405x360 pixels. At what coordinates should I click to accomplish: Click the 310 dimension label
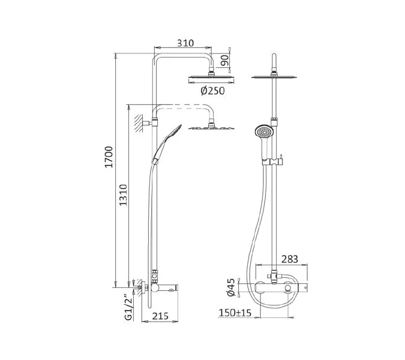[x=185, y=43]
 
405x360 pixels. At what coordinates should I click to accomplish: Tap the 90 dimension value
[x=225, y=60]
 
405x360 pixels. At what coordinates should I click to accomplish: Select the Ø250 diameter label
[x=213, y=91]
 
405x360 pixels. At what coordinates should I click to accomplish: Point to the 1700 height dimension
[x=109, y=157]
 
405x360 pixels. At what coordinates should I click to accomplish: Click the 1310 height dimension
[x=123, y=195]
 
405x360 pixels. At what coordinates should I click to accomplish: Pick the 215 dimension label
[x=160, y=316]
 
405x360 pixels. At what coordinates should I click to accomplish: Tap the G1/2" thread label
[x=128, y=307]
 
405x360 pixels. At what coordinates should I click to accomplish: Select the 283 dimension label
[x=290, y=259]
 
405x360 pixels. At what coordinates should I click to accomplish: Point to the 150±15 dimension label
[x=235, y=313]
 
